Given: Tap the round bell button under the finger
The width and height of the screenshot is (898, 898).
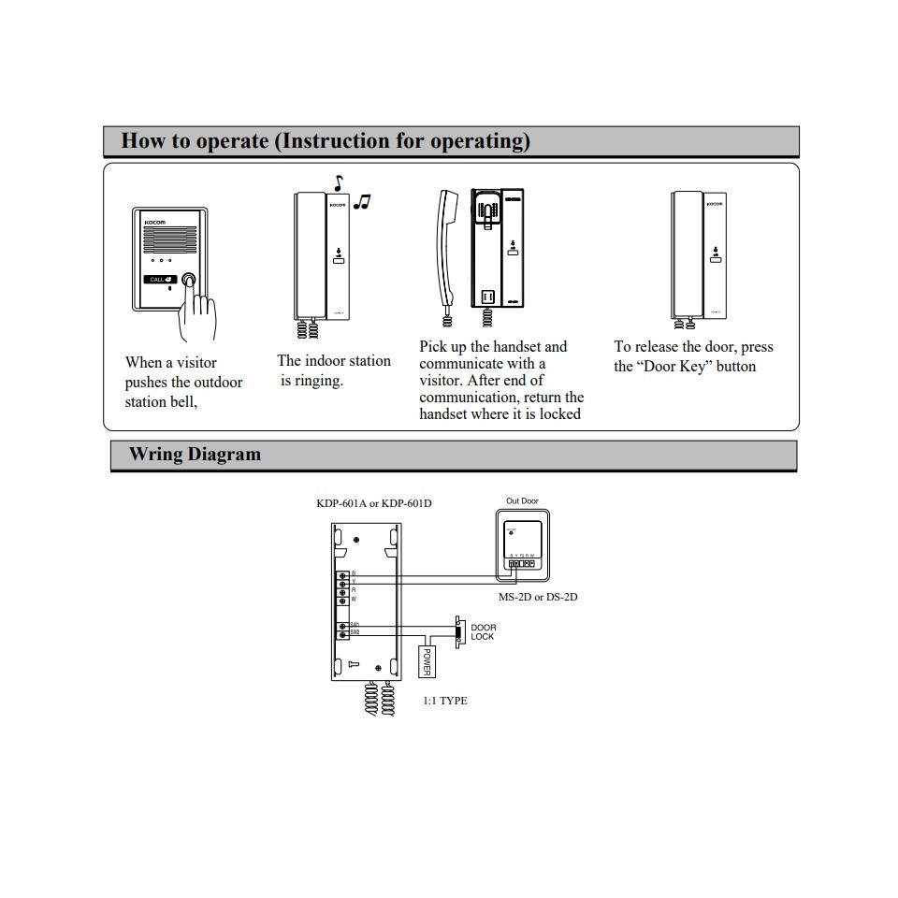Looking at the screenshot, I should tap(189, 280).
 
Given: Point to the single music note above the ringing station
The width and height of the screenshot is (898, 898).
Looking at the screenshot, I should tap(339, 182).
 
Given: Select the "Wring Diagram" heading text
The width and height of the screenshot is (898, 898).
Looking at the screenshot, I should tap(195, 455).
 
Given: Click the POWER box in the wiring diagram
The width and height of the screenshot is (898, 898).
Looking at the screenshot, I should tap(427, 661).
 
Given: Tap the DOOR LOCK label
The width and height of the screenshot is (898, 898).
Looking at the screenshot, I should tap(483, 632).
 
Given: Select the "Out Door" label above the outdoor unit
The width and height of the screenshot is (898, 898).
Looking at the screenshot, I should tap(522, 501).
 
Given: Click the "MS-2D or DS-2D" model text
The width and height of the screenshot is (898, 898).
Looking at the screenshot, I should tap(538, 597).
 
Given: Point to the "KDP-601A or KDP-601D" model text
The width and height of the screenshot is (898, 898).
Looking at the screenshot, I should tap(374, 503).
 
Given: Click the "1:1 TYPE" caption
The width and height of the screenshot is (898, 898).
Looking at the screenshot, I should tap(445, 701).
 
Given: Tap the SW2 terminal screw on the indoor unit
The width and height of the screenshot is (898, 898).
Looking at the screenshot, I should tap(343, 634).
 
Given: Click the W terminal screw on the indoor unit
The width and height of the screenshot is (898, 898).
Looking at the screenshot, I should tap(343, 599).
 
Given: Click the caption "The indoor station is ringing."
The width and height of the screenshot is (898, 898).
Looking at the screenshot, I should tap(333, 370).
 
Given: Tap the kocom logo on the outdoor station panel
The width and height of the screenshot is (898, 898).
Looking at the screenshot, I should tap(153, 223).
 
